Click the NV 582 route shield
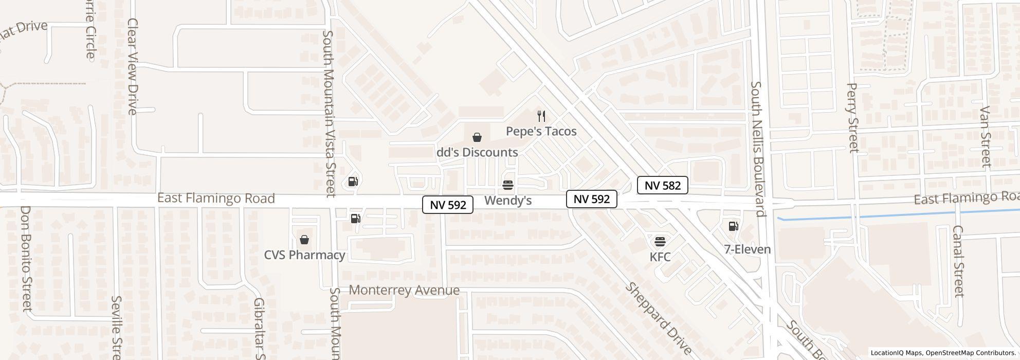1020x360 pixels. click(662, 186)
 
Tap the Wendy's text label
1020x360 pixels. click(508, 201)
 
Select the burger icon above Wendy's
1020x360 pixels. click(508, 185)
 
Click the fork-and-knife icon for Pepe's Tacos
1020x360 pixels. click(541, 116)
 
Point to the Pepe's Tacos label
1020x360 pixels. click(541, 131)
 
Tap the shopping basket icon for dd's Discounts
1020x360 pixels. click(477, 137)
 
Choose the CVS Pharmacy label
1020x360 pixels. click(304, 255)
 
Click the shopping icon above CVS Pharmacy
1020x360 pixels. click(304, 240)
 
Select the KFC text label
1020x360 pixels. click(660, 257)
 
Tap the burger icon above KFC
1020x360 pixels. click(660, 241)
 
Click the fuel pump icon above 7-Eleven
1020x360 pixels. click(734, 226)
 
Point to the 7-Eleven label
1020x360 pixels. click(747, 249)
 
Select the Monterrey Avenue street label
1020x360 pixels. click(404, 290)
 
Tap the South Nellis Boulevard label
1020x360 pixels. click(758, 149)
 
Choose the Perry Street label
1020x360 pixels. click(852, 118)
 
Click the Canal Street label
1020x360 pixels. click(958, 261)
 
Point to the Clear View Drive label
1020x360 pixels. click(133, 66)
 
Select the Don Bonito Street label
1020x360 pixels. click(26, 258)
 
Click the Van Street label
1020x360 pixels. click(986, 137)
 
